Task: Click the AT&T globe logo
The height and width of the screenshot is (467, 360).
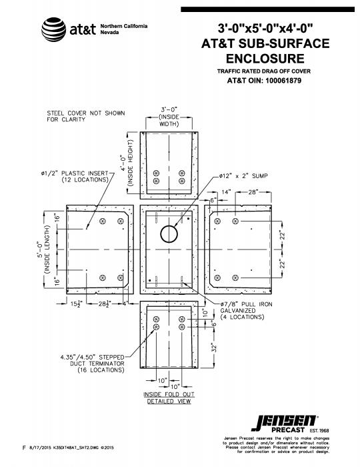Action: [x=53, y=29]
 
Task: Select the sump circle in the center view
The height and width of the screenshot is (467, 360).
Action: [x=169, y=233]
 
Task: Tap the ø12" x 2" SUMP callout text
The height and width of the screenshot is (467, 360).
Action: [x=243, y=176]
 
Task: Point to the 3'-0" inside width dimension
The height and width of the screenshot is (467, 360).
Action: [x=169, y=117]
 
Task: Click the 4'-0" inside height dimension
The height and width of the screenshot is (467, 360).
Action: [x=127, y=163]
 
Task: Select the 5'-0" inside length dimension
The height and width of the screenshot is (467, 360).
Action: [x=43, y=250]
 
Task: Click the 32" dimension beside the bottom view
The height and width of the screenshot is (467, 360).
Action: [x=213, y=348]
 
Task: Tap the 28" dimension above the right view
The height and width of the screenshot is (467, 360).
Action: [x=253, y=192]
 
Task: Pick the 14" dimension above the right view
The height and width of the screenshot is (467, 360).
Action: [x=226, y=192]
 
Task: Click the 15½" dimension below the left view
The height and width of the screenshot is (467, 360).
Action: [x=74, y=304]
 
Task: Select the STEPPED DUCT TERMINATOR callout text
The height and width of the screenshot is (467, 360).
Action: [x=93, y=364]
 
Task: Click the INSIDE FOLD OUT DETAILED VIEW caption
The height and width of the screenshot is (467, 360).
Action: [x=169, y=398]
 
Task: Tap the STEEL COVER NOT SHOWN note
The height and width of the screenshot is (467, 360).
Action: [x=86, y=116]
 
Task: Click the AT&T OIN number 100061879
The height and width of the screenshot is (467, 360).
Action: [x=283, y=81]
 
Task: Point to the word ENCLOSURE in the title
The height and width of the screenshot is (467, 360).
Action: [x=265, y=59]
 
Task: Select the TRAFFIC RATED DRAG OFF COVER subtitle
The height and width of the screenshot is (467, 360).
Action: [x=264, y=71]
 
